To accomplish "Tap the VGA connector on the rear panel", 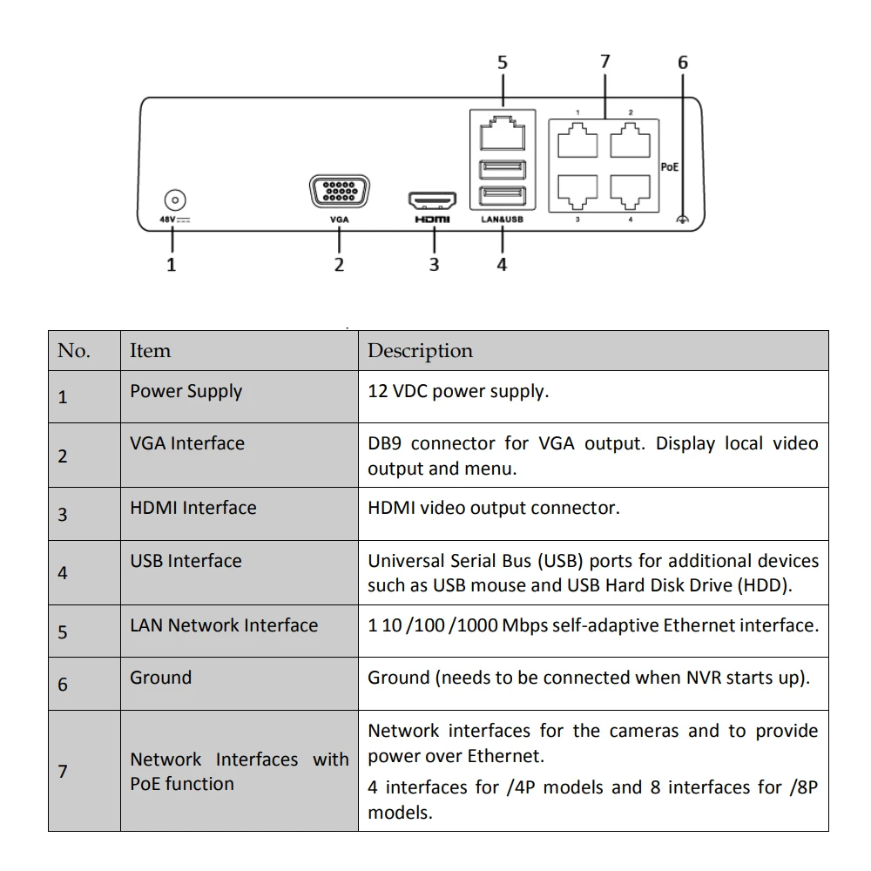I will [x=339, y=192].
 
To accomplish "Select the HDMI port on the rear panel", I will [x=433, y=201].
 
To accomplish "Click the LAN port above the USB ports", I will [x=502, y=132].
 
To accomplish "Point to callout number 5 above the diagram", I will [x=503, y=63].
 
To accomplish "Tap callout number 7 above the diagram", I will [x=605, y=61].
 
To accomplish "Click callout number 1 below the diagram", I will [x=172, y=265].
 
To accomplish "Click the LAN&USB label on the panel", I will [x=502, y=220].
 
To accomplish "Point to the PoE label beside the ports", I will [x=669, y=166].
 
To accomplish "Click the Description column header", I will [x=420, y=351].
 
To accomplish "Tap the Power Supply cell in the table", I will [x=186, y=391].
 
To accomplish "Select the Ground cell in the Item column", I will [x=160, y=677].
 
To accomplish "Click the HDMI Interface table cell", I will [x=193, y=508].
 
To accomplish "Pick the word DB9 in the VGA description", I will [x=384, y=443].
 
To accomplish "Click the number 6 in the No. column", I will [x=63, y=685].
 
